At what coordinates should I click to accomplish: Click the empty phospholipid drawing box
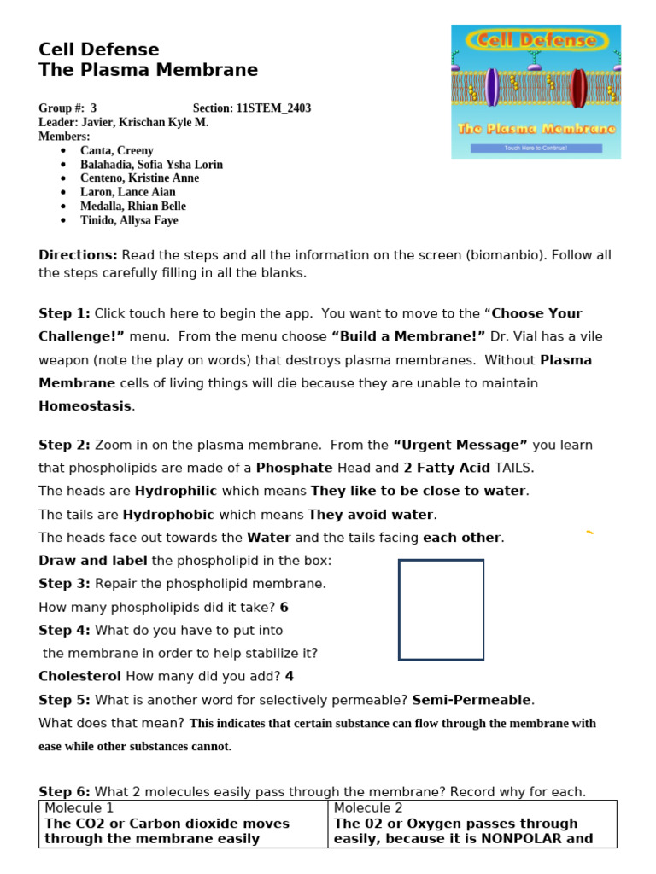[441, 609]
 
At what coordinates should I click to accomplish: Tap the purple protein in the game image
[492, 87]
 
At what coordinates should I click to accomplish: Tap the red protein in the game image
[578, 87]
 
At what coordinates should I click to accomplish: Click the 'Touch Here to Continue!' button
[536, 148]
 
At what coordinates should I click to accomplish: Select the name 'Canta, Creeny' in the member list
[117, 150]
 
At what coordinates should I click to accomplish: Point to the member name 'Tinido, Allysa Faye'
[129, 220]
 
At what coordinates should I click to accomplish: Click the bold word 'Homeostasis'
[85, 406]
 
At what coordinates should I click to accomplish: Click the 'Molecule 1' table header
[79, 807]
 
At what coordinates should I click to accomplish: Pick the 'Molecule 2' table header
[368, 807]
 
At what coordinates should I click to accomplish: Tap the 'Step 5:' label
[64, 700]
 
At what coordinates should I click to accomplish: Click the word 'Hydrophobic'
[168, 515]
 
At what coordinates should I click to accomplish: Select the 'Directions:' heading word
[78, 255]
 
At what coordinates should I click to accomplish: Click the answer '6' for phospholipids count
[284, 608]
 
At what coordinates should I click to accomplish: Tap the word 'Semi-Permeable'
[471, 700]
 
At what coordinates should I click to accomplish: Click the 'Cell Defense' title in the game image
[536, 40]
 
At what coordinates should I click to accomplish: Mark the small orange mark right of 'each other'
[589, 533]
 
